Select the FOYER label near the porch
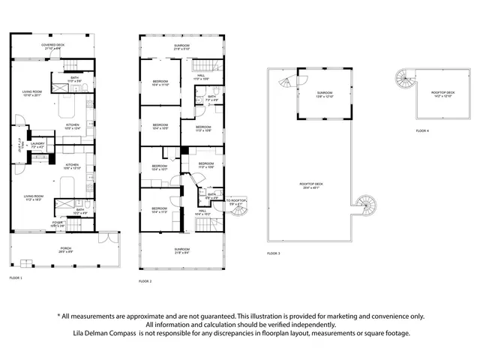click(x=37, y=222)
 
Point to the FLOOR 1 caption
click(x=16, y=278)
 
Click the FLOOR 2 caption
click(x=145, y=280)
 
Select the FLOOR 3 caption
click(x=274, y=254)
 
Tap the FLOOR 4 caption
click(x=422, y=131)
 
